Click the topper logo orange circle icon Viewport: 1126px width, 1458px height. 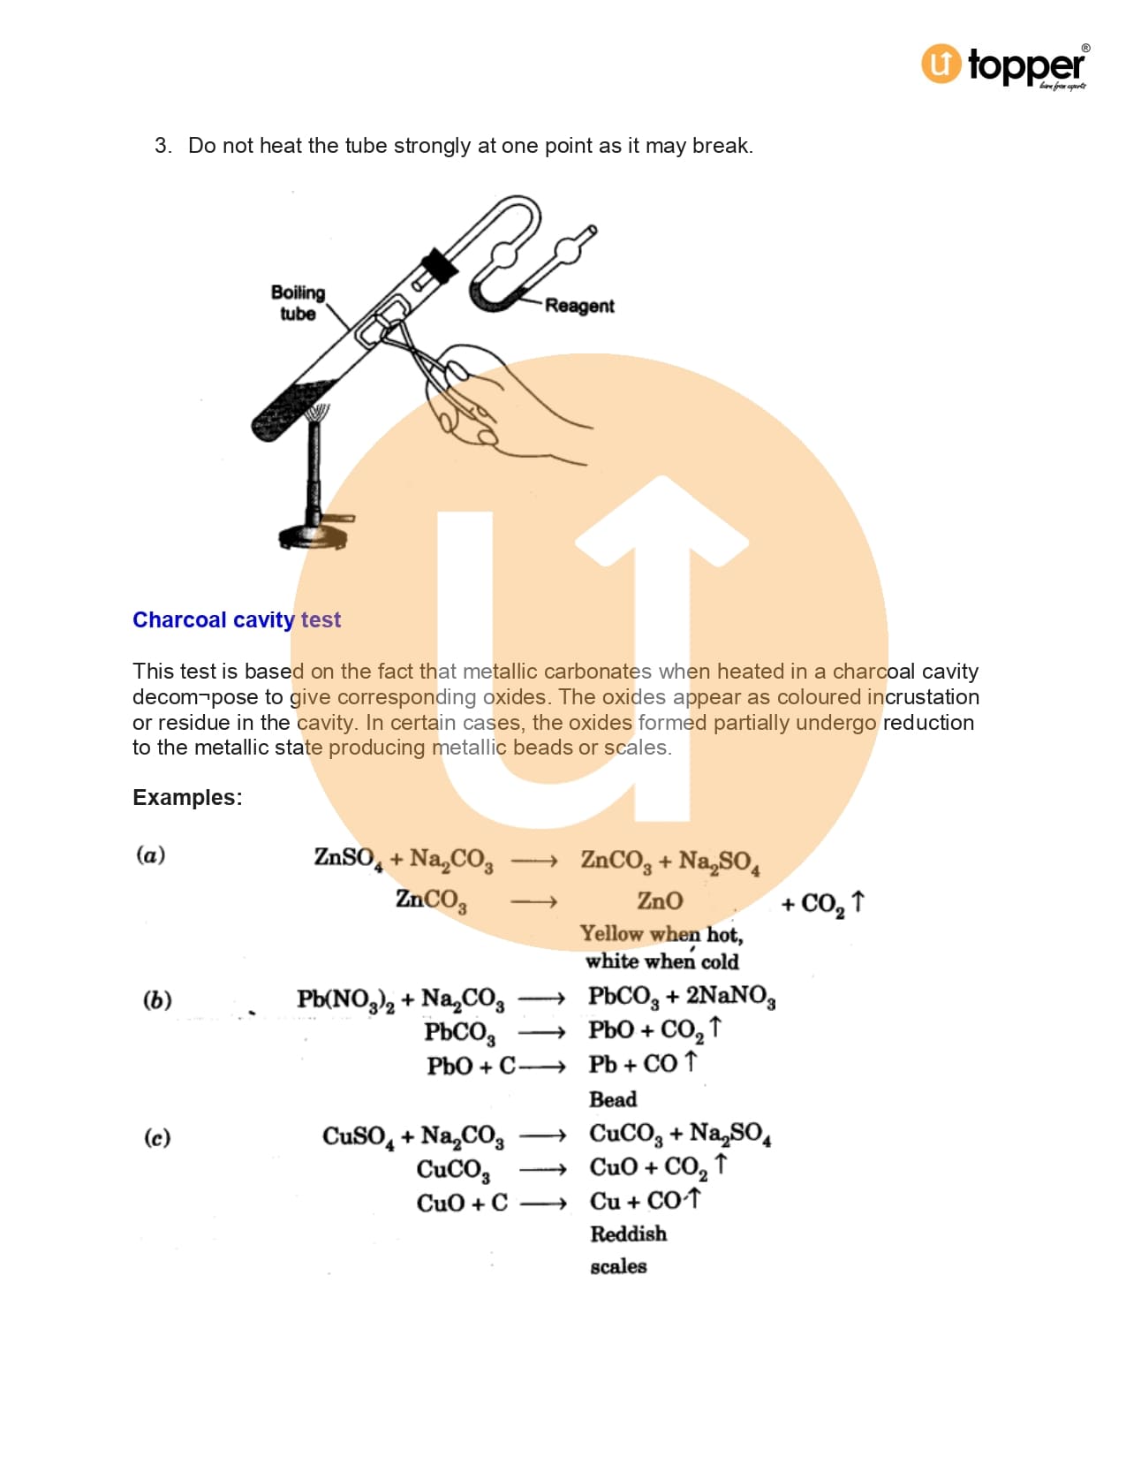(941, 64)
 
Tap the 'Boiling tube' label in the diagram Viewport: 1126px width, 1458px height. (298, 302)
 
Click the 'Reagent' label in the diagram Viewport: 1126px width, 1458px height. (578, 305)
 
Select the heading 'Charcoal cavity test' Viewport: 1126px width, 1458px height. (236, 619)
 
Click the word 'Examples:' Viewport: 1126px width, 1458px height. (187, 797)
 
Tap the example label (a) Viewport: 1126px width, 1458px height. (150, 854)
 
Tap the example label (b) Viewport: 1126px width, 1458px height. (157, 999)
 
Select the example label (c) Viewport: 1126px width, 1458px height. (157, 1137)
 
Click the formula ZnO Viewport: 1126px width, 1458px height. (660, 900)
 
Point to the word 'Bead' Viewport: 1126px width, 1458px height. (612, 1099)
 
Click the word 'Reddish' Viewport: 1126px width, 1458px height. (629, 1234)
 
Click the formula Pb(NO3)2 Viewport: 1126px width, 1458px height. (345, 1000)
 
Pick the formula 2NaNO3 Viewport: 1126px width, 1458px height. (731, 997)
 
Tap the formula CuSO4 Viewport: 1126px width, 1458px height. (359, 1137)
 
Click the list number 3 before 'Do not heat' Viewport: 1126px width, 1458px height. (162, 146)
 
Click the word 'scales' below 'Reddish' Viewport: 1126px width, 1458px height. (618, 1267)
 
